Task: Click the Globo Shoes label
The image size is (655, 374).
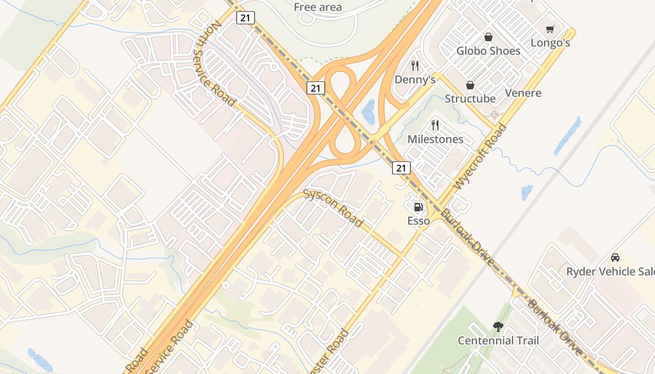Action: [x=488, y=51]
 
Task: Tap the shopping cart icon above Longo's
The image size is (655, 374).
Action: [x=550, y=29]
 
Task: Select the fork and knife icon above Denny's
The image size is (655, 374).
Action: [x=415, y=65]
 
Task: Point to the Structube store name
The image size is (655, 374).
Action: [x=470, y=99]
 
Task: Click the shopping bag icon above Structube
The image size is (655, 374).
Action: [x=470, y=85]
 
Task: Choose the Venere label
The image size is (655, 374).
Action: [x=523, y=93]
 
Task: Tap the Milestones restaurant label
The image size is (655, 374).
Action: [x=435, y=139]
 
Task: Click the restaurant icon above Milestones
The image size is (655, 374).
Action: [x=435, y=125]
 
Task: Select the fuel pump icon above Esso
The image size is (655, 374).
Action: [x=418, y=207]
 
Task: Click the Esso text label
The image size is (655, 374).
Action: [x=418, y=221]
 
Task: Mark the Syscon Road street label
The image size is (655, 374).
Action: [x=333, y=208]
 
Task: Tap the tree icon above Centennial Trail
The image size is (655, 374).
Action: [x=498, y=327]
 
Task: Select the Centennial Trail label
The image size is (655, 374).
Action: [x=498, y=341]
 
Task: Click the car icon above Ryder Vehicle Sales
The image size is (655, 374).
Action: [x=615, y=258]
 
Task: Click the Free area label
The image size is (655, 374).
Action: [x=318, y=7]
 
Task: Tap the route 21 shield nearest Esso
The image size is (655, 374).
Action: [x=401, y=168]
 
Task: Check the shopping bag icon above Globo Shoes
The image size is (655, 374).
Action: [x=488, y=37]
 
